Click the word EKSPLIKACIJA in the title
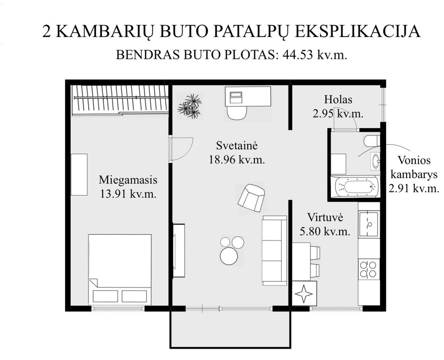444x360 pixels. tap(358, 31)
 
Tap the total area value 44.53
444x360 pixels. tap(298, 55)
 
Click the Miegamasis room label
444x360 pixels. tap(128, 180)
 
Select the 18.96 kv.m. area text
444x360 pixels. tap(237, 160)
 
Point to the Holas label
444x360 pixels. tap(338, 99)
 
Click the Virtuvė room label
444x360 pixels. tap(325, 217)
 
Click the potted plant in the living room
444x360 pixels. tap(189, 106)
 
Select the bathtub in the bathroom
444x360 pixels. tap(356, 187)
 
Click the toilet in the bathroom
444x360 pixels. tap(371, 141)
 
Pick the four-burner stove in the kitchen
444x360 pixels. tap(368, 269)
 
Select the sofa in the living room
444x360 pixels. tap(274, 250)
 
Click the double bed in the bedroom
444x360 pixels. tap(120, 269)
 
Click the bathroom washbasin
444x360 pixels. tap(375, 161)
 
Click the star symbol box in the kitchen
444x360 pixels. tap(304, 293)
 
